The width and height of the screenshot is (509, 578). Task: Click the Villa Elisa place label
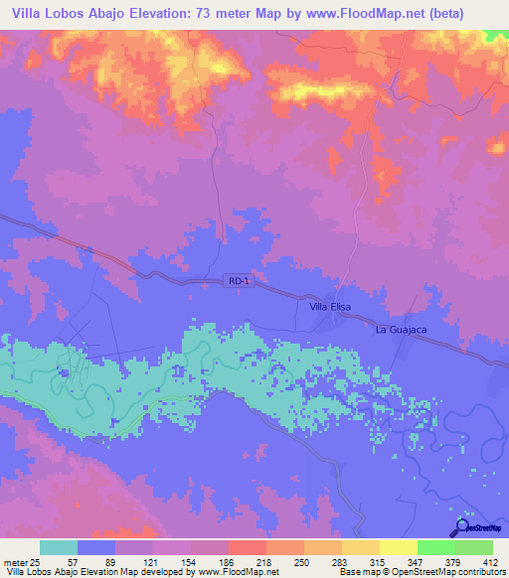pyautogui.click(x=331, y=308)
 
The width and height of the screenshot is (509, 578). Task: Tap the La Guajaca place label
pyautogui.click(x=399, y=329)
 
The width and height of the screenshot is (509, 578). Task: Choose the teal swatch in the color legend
pyautogui.click(x=59, y=547)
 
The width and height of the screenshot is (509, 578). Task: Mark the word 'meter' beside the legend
pyautogui.click(x=16, y=560)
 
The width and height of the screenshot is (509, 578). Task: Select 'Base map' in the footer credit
pyautogui.click(x=358, y=572)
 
